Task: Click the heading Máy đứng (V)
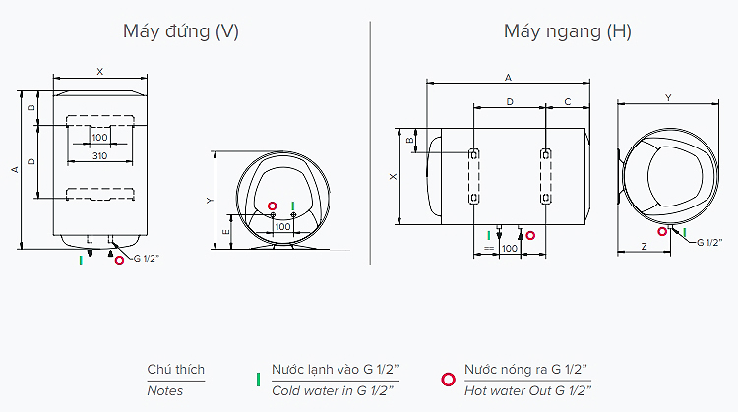[180, 31]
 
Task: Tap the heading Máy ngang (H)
[567, 31]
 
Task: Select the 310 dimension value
[98, 156]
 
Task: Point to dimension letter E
[226, 231]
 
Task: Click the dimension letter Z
[643, 246]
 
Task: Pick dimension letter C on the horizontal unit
[568, 101]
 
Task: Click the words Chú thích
[176, 370]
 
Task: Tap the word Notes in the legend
[164, 391]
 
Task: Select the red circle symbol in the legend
[448, 379]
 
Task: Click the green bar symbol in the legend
[257, 379]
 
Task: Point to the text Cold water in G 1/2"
[335, 391]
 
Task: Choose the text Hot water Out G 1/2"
[526, 391]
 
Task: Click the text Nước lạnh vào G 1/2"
[335, 370]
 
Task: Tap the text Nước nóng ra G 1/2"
[526, 370]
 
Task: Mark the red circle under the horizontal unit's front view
[530, 235]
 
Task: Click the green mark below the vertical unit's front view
[82, 260]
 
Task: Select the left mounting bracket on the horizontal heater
[473, 177]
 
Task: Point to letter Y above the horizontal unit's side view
[668, 97]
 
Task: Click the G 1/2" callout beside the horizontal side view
[709, 242]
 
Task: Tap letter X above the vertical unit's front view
[99, 71]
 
